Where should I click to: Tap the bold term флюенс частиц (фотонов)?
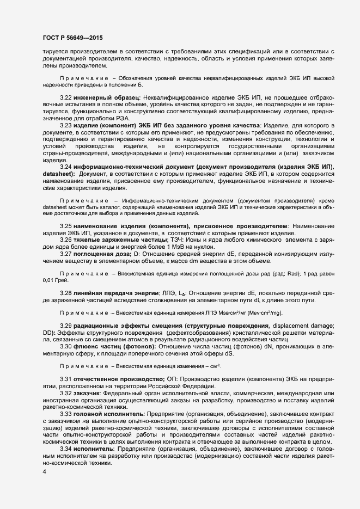[x=115, y=347]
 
